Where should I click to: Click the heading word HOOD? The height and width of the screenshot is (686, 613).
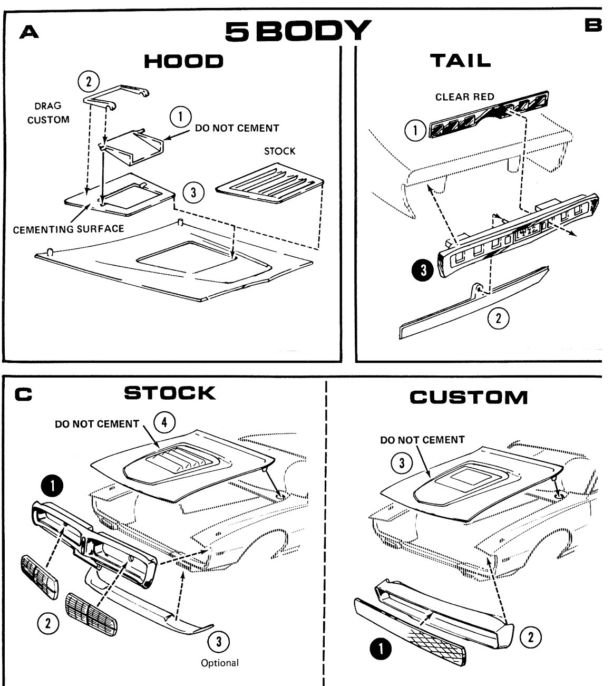pos(183,61)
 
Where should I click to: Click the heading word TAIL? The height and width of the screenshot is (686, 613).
pos(461,61)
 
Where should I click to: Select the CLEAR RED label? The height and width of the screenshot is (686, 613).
pos(464,97)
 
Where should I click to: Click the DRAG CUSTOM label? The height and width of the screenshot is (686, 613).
pos(48,113)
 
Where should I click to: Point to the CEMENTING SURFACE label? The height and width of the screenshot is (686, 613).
pos(69,229)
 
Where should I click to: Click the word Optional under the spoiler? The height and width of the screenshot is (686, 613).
pos(219,663)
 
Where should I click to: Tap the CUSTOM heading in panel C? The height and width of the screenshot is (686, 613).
pos(469,397)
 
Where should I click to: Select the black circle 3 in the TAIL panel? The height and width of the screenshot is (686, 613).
pos(425,270)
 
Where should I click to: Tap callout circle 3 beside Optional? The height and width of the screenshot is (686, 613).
pos(219,642)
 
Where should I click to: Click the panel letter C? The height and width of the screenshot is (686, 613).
pos(23,394)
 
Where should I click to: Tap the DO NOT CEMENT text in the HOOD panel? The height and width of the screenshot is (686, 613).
pos(237,128)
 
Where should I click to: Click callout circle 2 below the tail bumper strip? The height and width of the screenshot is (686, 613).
pos(499,317)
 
